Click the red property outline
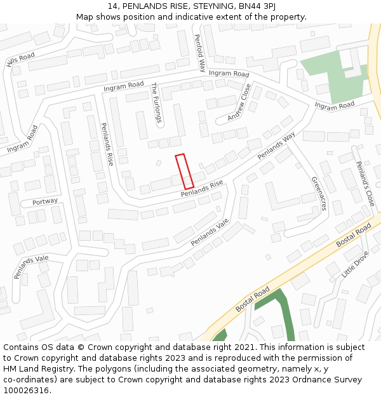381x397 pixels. click(184, 171)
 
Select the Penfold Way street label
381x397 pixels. click(199, 52)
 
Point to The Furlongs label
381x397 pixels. click(156, 102)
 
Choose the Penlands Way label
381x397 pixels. click(276, 146)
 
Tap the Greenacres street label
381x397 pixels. click(319, 193)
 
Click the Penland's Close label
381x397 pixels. click(365, 184)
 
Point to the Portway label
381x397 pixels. click(44, 201)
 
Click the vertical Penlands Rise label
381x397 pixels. click(107, 144)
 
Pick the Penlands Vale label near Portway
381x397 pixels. click(31, 267)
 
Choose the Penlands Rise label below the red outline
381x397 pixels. click(202, 189)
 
